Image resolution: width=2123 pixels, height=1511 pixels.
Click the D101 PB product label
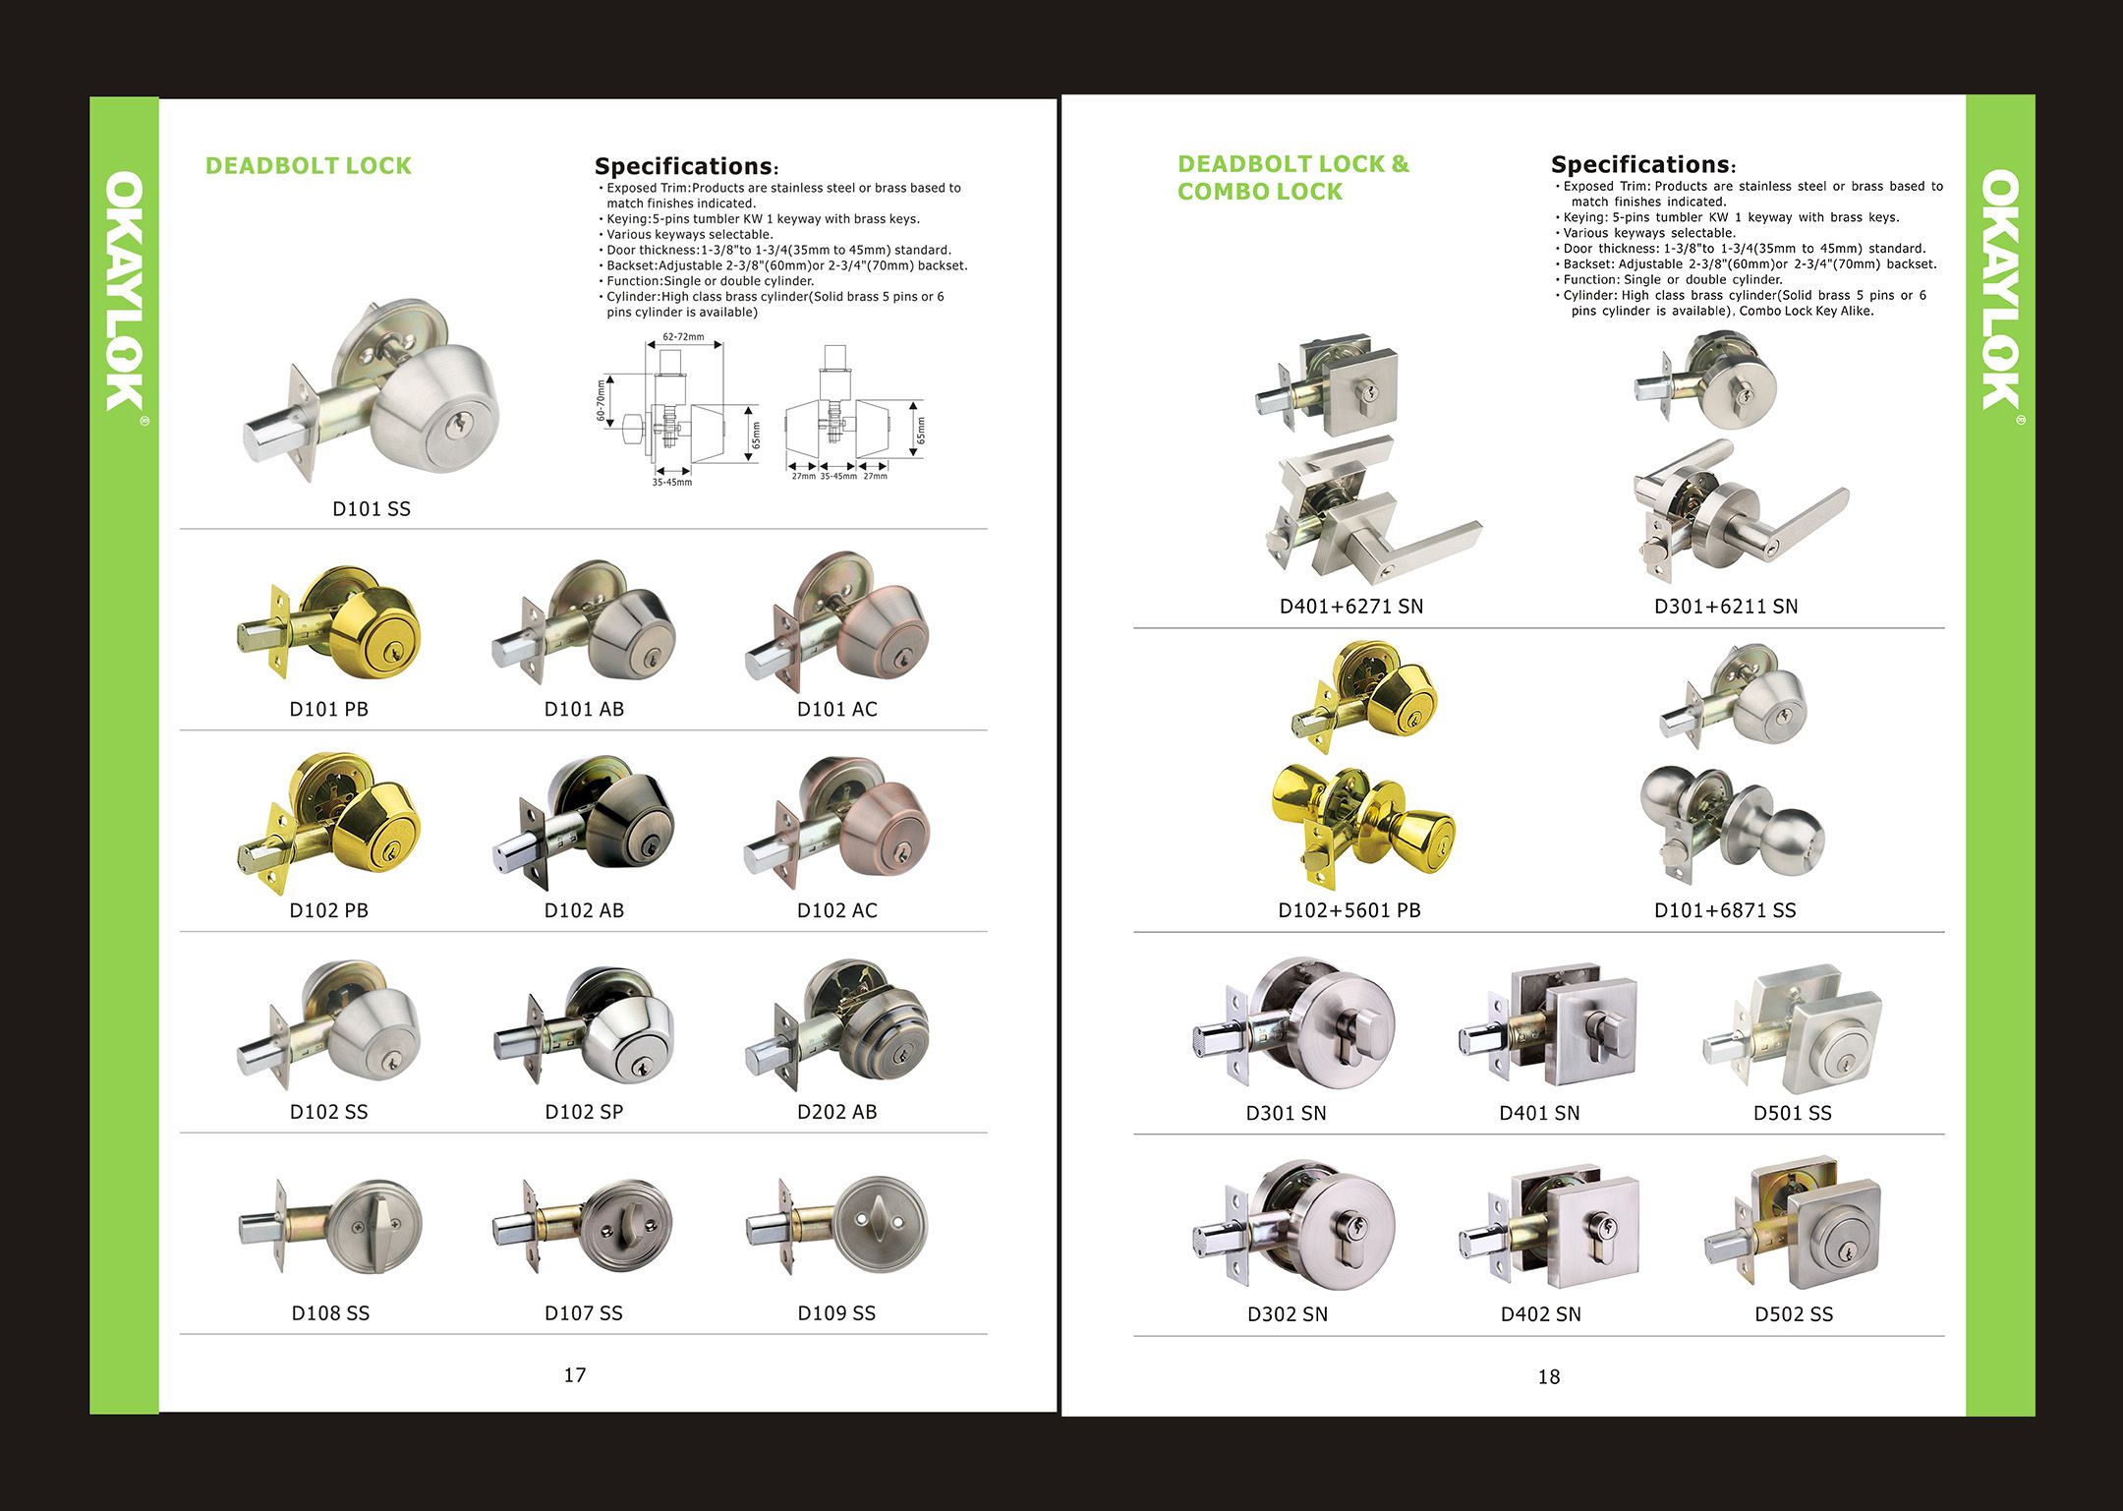click(x=328, y=709)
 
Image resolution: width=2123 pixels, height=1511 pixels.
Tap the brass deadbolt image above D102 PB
click(x=334, y=821)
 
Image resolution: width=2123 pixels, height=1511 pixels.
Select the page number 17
click(x=575, y=1374)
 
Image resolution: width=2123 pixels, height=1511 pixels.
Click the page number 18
click(x=1548, y=1376)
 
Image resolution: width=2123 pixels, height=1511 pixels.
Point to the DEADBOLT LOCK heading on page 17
click(x=308, y=165)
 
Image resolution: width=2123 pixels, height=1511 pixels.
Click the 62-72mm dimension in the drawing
click(x=683, y=337)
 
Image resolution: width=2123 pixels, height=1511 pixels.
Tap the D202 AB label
click(x=836, y=1111)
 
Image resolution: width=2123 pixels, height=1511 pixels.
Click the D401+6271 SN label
click(x=1350, y=606)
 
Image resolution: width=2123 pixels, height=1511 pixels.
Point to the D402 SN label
click(x=1540, y=1313)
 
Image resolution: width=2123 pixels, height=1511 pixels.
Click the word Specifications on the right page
click(x=1639, y=164)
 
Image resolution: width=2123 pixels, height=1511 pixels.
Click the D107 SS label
click(x=584, y=1312)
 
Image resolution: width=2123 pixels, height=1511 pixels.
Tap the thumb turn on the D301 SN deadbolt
click(x=1353, y=1032)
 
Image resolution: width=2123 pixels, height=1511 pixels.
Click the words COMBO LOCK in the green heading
click(x=1259, y=192)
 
